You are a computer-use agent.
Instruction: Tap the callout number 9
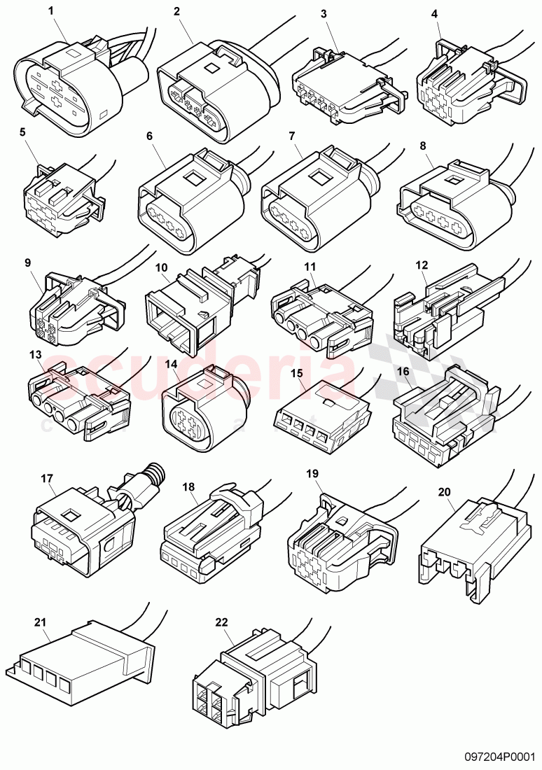tap(28, 263)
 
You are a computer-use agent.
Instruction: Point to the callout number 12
tap(421, 265)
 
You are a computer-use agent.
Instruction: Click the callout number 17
tap(47, 479)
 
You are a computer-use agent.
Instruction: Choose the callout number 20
tap(444, 491)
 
